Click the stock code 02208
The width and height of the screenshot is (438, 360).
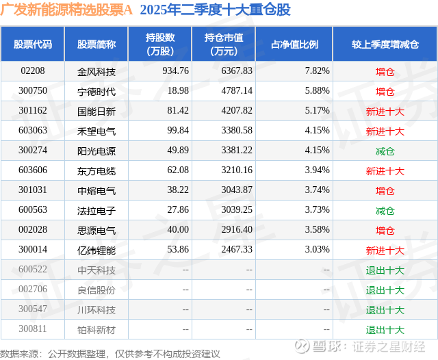[32, 70]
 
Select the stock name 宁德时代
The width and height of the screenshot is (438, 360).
[96, 91]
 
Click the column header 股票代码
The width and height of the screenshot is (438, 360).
[32, 44]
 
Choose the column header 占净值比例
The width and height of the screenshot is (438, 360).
[299, 44]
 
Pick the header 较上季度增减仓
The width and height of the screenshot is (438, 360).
[385, 44]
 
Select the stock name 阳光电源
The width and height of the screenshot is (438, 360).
[96, 151]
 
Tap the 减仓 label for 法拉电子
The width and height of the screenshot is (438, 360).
[385, 211]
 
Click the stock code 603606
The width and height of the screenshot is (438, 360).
[32, 170]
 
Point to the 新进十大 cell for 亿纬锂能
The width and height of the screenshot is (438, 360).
[385, 250]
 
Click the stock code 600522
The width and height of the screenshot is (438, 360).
[32, 270]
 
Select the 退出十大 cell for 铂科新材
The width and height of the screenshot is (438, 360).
[385, 330]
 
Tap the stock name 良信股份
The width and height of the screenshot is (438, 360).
[96, 290]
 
